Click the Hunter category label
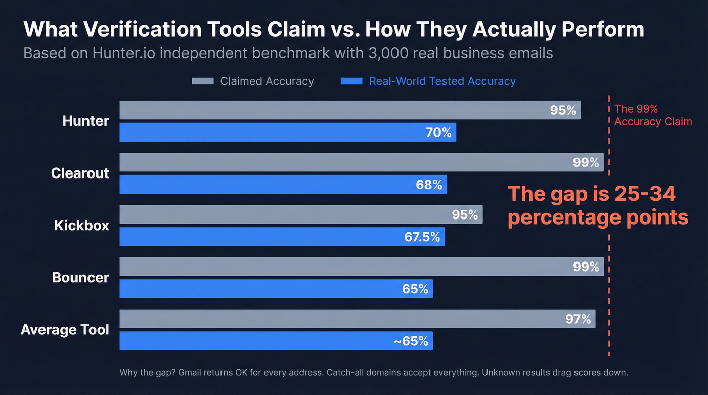click(85, 121)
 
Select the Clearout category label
click(80, 173)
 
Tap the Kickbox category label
click(81, 226)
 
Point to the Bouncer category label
click(80, 278)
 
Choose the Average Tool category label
click(65, 330)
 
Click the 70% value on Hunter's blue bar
click(438, 133)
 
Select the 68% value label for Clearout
click(429, 185)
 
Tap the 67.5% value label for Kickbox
click(422, 237)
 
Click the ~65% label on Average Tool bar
click(411, 341)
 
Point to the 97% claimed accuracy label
click(578, 319)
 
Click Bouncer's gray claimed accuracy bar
click(344, 267)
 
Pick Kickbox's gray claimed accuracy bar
click(283, 214)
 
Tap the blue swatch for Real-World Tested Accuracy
click(351, 81)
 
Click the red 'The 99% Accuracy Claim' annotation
click(652, 115)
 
